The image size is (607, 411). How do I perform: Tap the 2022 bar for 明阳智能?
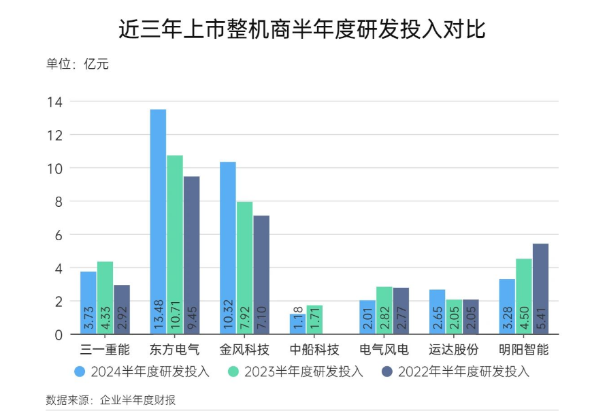pos(540,289)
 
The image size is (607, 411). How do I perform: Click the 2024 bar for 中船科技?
pos(297,324)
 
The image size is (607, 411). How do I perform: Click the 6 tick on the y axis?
pos(58,235)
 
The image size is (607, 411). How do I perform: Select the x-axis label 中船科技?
pos(314,350)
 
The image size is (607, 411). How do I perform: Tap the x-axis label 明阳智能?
pos(523,350)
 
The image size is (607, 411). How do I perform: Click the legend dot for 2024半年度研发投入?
pos(80,372)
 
